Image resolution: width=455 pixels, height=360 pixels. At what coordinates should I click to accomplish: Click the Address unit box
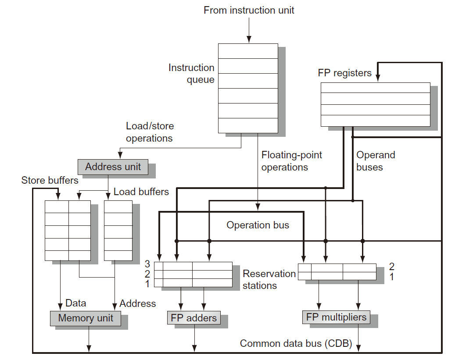click(113, 167)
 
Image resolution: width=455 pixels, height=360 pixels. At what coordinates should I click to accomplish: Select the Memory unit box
click(86, 318)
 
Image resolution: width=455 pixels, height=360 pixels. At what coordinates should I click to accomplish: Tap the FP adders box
click(193, 318)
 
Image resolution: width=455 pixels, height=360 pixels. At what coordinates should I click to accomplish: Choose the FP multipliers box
click(336, 317)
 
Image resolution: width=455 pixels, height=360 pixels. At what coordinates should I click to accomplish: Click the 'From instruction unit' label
click(249, 10)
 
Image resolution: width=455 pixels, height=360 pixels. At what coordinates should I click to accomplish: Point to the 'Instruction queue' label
click(191, 74)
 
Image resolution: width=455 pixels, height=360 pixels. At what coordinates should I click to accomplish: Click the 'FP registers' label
click(344, 73)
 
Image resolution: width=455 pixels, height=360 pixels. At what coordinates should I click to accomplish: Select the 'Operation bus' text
click(258, 225)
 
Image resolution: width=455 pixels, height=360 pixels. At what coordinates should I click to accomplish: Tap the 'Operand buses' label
click(376, 161)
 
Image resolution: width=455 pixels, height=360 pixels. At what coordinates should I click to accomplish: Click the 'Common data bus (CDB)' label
click(296, 344)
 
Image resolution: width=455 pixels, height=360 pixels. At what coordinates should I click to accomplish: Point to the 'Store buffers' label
click(50, 180)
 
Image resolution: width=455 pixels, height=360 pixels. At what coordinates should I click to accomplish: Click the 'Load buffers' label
click(141, 192)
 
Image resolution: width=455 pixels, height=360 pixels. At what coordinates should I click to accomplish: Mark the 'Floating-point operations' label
click(291, 161)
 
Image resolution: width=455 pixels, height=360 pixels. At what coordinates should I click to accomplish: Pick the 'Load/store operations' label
click(150, 132)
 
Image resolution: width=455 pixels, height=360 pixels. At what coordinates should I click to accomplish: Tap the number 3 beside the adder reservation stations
click(147, 264)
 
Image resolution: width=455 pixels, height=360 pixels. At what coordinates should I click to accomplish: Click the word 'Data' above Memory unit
click(75, 303)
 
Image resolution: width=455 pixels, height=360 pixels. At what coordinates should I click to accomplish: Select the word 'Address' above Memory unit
click(137, 303)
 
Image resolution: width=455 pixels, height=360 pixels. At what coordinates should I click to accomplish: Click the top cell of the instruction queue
click(248, 51)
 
